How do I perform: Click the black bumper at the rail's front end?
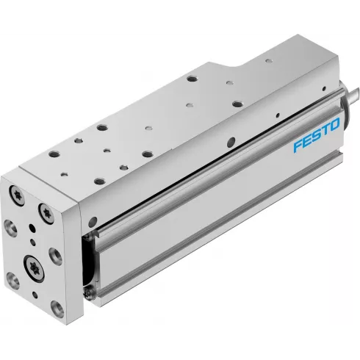pos(91,254)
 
